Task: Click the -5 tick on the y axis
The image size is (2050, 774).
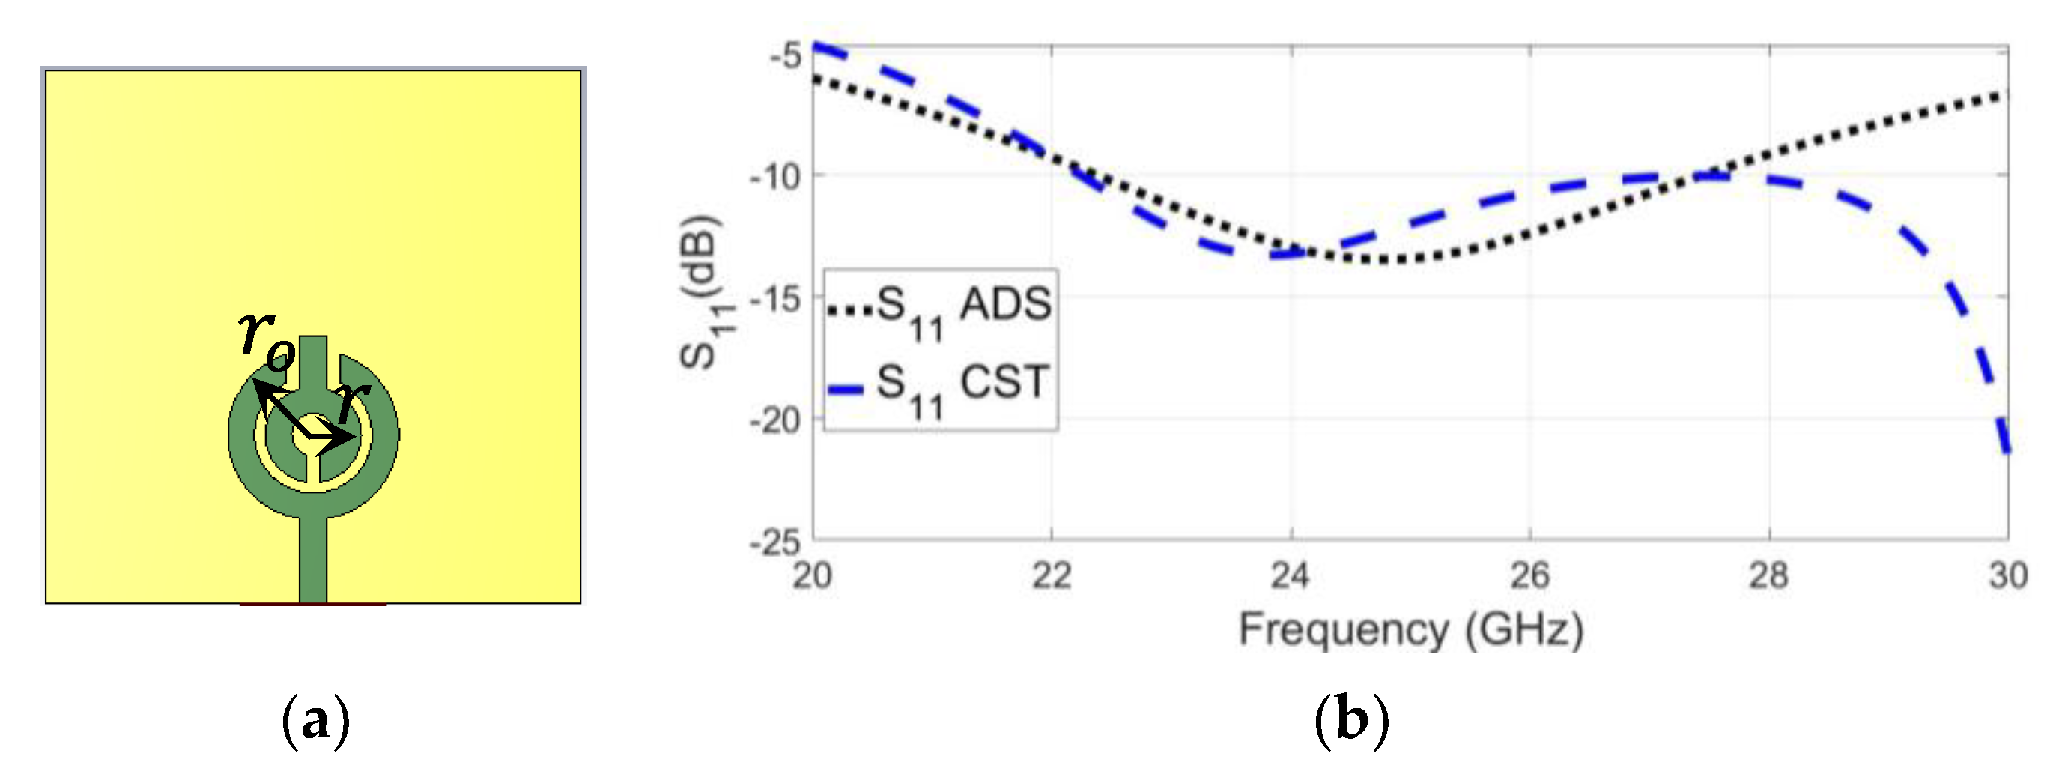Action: click(x=786, y=55)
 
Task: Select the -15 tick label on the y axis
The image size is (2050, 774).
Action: click(x=776, y=299)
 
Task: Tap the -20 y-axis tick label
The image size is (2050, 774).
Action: click(x=776, y=420)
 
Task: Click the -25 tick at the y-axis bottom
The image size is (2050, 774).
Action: click(x=776, y=543)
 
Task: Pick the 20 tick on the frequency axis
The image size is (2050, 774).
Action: click(x=813, y=575)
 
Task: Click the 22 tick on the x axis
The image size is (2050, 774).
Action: click(x=1052, y=575)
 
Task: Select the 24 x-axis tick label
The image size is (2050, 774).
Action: click(x=1291, y=575)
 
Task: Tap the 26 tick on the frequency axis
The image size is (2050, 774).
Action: click(x=1530, y=575)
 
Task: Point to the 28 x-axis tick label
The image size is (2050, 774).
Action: click(x=1769, y=575)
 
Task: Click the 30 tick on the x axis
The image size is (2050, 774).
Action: click(x=2008, y=575)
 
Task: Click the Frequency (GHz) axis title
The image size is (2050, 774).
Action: click(x=1411, y=631)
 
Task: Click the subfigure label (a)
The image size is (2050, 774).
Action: click(x=316, y=722)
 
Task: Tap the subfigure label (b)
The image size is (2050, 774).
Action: click(x=1351, y=722)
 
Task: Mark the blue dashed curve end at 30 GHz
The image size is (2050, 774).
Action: click(x=2007, y=451)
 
